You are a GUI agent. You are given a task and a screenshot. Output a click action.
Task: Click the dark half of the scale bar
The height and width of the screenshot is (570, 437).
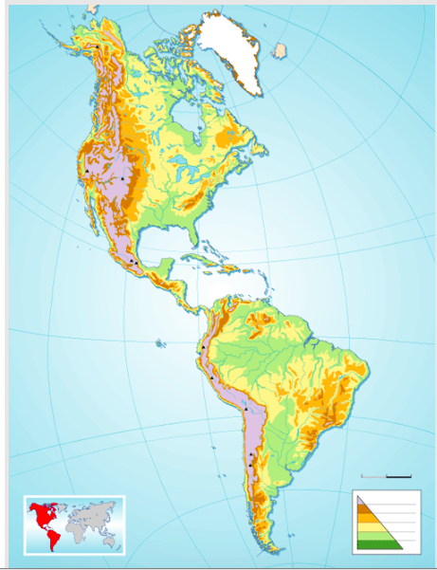pos(399,475)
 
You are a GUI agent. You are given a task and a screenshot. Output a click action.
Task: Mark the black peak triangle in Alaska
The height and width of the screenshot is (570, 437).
pos(99,46)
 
